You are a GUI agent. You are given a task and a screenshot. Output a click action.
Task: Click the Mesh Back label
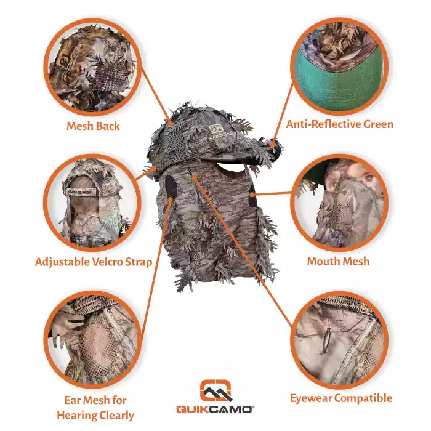pyautogui.click(x=93, y=126)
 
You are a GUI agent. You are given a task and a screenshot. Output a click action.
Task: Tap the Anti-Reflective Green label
pyautogui.click(x=339, y=124)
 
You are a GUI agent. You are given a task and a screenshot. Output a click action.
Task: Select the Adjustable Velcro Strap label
pyautogui.click(x=93, y=262)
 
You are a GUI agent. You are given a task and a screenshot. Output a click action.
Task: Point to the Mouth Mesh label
pyautogui.click(x=338, y=262)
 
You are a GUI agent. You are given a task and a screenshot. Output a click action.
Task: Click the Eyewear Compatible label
pyautogui.click(x=341, y=398)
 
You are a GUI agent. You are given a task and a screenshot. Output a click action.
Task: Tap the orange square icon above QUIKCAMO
pyautogui.click(x=216, y=389)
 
